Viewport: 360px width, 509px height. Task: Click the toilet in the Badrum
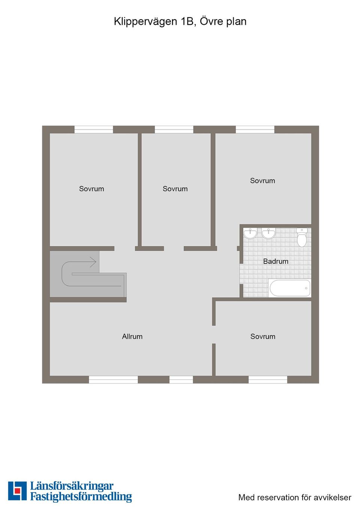pyautogui.click(x=301, y=237)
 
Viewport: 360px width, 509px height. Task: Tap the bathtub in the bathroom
pyautogui.click(x=290, y=288)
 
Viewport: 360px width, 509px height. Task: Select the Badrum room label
pyautogui.click(x=276, y=261)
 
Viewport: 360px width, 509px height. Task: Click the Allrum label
pyautogui.click(x=132, y=336)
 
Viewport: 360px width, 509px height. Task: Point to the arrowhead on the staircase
pyautogui.click(x=93, y=262)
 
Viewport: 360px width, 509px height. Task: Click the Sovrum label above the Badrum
pyautogui.click(x=262, y=181)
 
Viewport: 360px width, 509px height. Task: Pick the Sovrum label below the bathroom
pyautogui.click(x=263, y=336)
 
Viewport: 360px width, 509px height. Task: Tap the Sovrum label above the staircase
pyautogui.click(x=91, y=189)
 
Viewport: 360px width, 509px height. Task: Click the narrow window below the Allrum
pyautogui.click(x=181, y=379)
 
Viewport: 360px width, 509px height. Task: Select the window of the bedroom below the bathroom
pyautogui.click(x=268, y=379)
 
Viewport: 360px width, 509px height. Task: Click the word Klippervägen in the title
pyautogui.click(x=145, y=22)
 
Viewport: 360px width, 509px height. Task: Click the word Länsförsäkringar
pyautogui.click(x=72, y=489)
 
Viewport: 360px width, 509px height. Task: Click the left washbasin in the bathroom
pyautogui.click(x=250, y=234)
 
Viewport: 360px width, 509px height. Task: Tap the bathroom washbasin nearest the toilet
pyautogui.click(x=268, y=234)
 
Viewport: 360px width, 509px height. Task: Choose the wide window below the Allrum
pyautogui.click(x=113, y=379)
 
